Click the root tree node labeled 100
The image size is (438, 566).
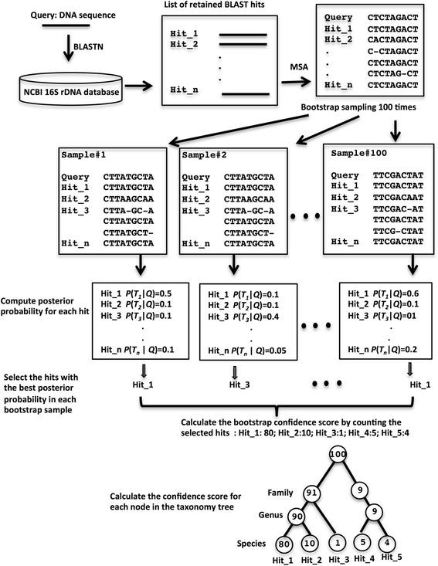point(336,456)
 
